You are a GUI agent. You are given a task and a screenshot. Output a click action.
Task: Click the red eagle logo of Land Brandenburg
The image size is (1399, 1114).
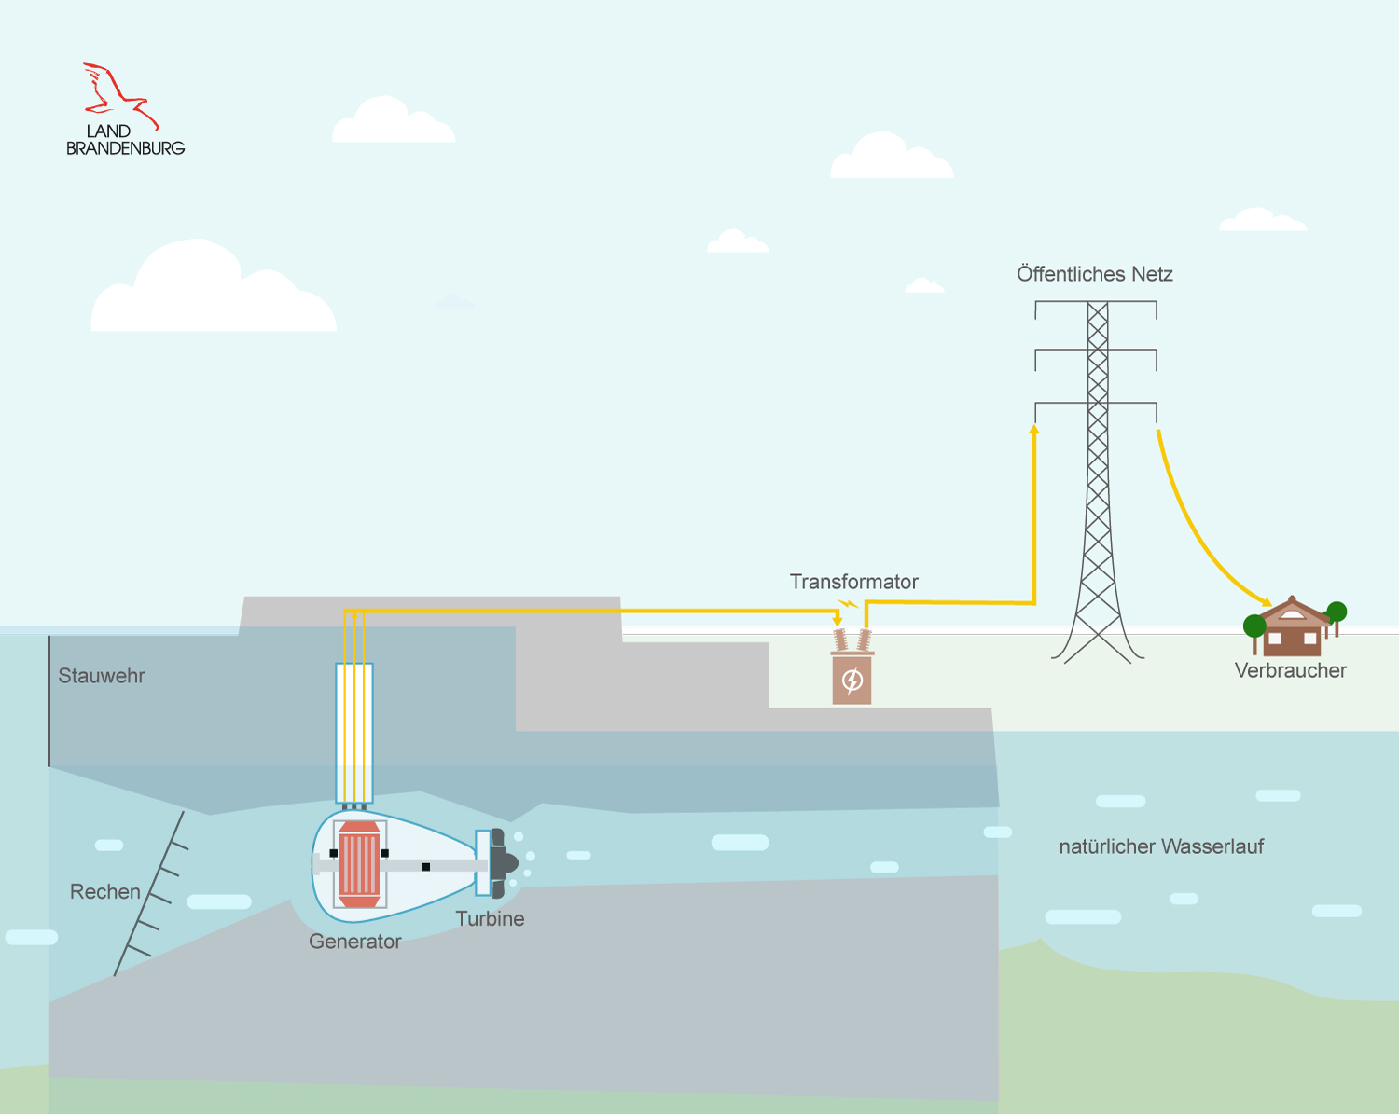point(119,93)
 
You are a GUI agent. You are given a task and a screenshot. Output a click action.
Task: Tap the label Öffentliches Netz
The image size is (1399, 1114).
point(1094,274)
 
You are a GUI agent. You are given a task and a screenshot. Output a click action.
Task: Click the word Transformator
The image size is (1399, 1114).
point(853,582)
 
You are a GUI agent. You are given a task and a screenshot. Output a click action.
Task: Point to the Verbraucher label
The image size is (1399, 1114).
point(1290,670)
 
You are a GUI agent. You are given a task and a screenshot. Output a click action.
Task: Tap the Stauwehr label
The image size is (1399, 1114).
point(102,676)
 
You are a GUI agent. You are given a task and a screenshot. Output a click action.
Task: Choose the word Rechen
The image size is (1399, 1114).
point(104,891)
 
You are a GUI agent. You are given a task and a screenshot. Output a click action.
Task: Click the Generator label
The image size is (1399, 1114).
point(354,942)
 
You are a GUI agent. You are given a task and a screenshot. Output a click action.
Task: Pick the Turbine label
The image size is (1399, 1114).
point(490,918)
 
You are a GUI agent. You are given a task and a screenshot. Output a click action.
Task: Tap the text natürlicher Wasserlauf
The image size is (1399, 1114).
point(1161,846)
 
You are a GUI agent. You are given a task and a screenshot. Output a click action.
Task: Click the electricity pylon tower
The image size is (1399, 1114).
point(1098,485)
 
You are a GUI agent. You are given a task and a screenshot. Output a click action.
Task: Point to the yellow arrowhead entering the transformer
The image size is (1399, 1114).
point(838,620)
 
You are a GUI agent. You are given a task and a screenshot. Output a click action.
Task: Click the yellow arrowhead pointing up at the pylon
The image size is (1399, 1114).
point(1034,430)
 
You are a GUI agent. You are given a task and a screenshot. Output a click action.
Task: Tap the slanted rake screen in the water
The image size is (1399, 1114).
point(149,895)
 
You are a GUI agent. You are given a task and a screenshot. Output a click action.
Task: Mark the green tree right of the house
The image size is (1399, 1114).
point(1337,612)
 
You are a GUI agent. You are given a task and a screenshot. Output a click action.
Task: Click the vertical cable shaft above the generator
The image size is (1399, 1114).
point(354,732)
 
